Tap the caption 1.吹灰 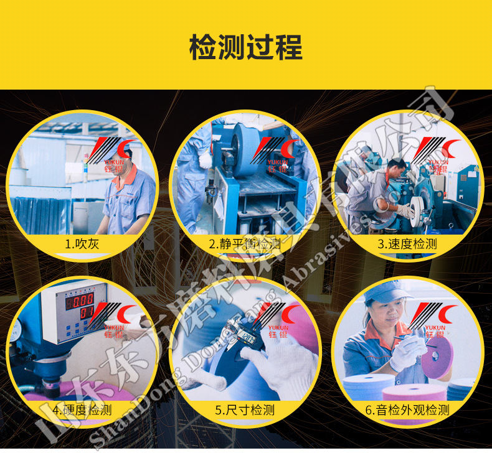pyautogui.click(x=82, y=244)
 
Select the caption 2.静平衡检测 pyautogui.click(x=245, y=244)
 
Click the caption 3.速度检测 pyautogui.click(x=407, y=244)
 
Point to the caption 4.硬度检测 pyautogui.click(x=82, y=409)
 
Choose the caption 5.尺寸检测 pyautogui.click(x=245, y=409)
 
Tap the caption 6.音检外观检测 pyautogui.click(x=407, y=409)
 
